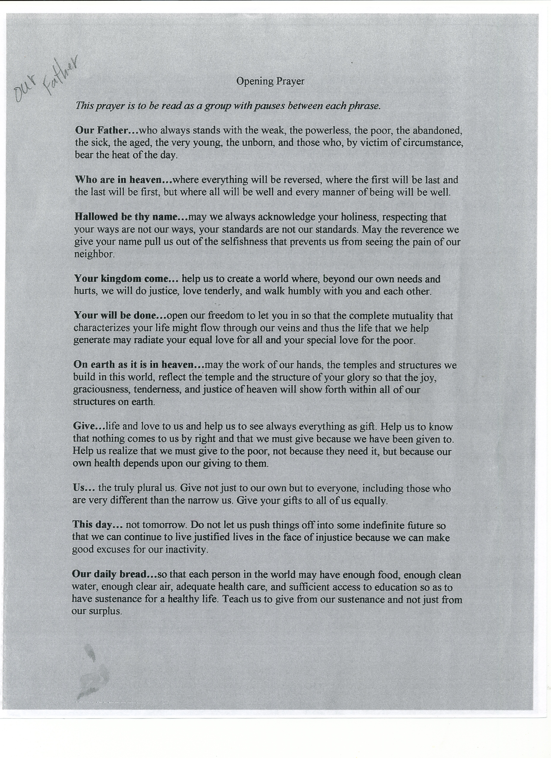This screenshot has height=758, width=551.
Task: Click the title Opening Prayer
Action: pos(270,81)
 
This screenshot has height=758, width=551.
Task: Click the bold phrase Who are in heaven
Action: pos(123,180)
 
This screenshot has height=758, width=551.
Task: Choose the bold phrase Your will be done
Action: pos(120,315)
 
